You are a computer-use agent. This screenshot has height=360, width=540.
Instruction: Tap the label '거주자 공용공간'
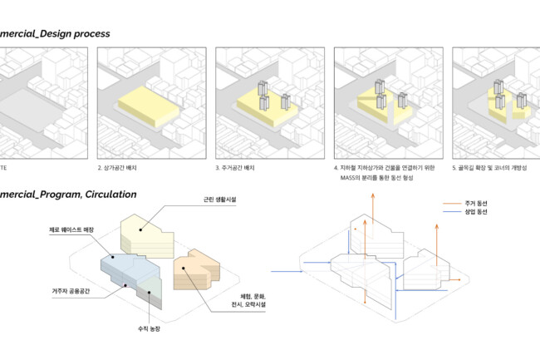[70, 291]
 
